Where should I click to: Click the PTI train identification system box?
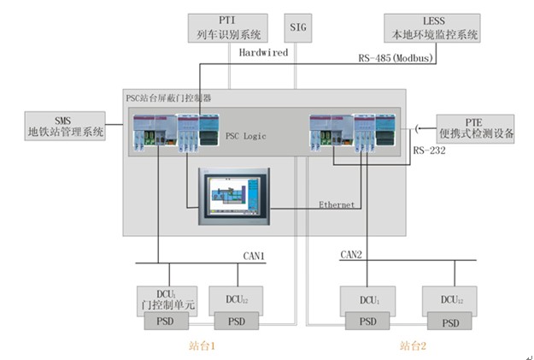click(x=228, y=28)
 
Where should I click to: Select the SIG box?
click(x=298, y=28)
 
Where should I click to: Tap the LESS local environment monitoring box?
click(x=432, y=28)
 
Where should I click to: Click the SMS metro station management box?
click(x=65, y=126)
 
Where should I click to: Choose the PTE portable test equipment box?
click(x=475, y=129)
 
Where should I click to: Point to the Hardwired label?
click(x=263, y=52)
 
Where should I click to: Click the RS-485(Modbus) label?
click(x=396, y=58)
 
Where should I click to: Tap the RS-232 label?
click(x=429, y=150)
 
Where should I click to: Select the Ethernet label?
click(x=337, y=204)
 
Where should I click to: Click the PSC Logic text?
click(x=245, y=136)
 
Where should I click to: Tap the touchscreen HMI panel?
click(x=234, y=197)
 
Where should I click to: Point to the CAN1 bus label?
click(x=254, y=256)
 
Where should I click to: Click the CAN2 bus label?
click(x=351, y=255)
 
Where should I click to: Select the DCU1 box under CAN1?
click(x=167, y=301)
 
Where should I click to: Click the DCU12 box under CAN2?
click(x=449, y=301)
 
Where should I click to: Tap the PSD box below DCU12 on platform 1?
click(x=237, y=322)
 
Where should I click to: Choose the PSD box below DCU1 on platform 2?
click(x=367, y=322)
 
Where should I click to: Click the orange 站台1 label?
click(x=202, y=346)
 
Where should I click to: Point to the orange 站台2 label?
click(x=413, y=346)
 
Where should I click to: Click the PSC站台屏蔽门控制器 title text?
click(x=168, y=98)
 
